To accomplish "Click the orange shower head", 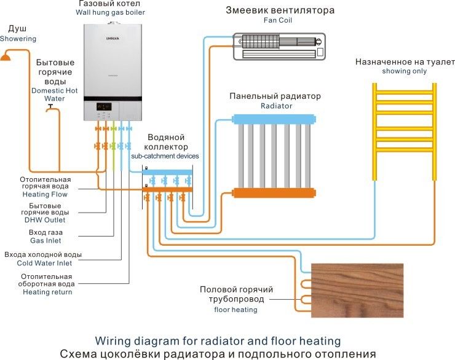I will (x=6, y=57).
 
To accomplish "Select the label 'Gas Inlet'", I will (x=45, y=241).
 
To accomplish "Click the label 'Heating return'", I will (x=47, y=292).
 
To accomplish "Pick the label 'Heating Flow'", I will (x=45, y=194).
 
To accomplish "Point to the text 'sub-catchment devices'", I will (x=164, y=156).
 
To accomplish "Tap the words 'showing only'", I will (x=404, y=71).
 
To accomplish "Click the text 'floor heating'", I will (x=235, y=310).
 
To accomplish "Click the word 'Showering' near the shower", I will (x=18, y=39).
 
